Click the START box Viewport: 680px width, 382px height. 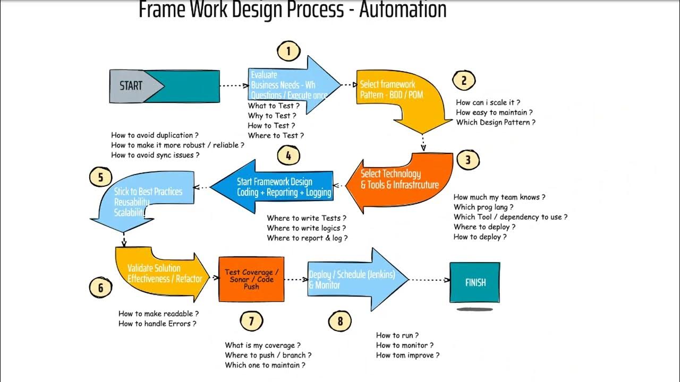coord(164,86)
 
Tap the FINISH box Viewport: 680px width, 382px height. coord(475,282)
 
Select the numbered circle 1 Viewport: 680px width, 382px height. coord(288,51)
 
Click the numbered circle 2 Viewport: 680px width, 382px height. coord(464,81)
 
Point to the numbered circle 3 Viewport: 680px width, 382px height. coord(467,160)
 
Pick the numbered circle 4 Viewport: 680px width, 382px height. coord(288,156)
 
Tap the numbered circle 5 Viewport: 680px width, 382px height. coord(100,177)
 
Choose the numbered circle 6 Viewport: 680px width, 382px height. coord(100,288)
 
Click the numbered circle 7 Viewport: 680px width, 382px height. coord(251,320)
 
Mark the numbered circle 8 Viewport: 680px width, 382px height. coord(340,320)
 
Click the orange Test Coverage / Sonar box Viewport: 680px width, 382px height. coord(251,279)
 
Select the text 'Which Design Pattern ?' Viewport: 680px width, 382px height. coord(496,123)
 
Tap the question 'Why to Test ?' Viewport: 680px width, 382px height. coord(272,116)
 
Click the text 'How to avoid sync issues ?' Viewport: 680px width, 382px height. coord(155,155)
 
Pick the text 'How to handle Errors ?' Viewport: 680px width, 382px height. coord(157,324)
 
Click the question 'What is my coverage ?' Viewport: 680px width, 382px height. coord(263,345)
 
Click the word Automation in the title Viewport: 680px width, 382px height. coord(403,10)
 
